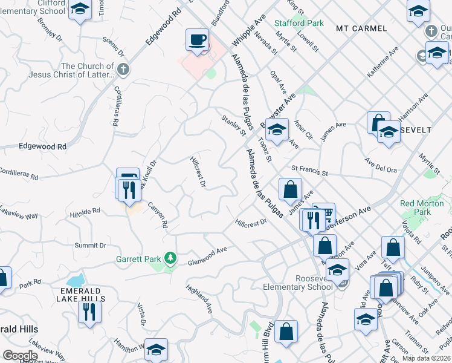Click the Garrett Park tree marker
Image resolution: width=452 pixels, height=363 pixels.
tap(171, 259)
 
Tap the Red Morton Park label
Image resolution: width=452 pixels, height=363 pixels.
tap(424, 208)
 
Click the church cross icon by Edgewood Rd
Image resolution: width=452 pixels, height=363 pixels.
tap(123, 69)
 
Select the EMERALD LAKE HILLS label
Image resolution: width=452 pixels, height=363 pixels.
tap(79, 294)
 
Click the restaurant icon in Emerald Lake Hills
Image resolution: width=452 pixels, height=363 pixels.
tap(89, 312)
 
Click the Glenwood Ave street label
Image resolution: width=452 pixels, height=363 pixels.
tap(207, 255)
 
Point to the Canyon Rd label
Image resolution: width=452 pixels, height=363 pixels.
tap(158, 214)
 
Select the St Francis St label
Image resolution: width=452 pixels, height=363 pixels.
tap(309, 172)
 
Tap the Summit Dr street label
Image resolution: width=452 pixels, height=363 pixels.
tap(90, 245)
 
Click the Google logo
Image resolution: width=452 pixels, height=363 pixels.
tap(21, 356)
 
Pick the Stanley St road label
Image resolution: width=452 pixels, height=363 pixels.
tap(234, 125)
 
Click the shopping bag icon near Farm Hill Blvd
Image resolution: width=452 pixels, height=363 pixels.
tap(286, 332)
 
